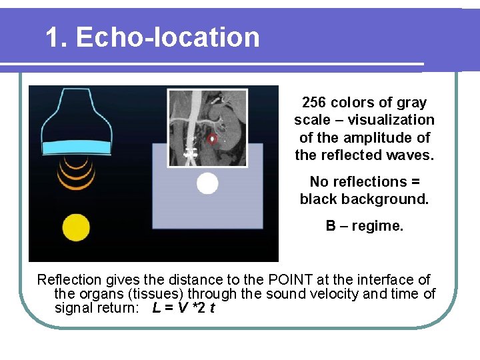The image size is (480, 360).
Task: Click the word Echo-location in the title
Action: click(167, 37)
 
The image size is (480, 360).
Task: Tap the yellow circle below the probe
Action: click(75, 228)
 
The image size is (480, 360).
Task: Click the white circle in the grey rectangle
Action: click(207, 183)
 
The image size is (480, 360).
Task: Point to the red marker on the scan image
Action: click(212, 139)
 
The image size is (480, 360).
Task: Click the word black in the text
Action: click(318, 199)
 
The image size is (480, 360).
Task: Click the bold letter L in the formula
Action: click(156, 308)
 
